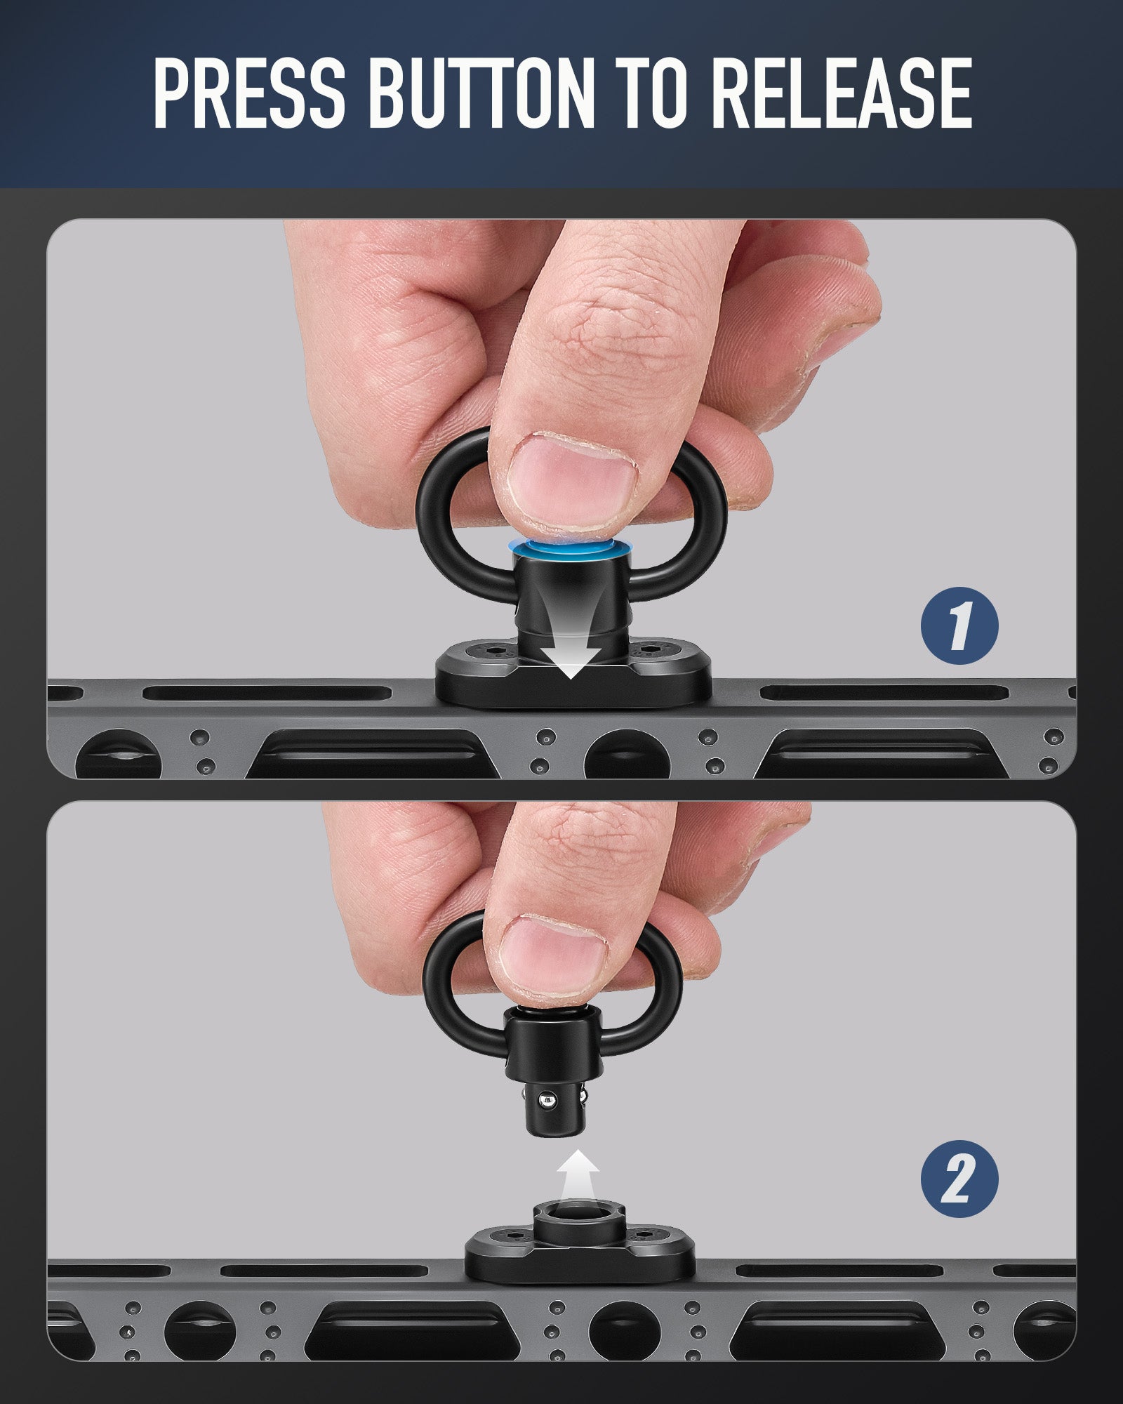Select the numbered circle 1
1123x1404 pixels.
click(x=959, y=625)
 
